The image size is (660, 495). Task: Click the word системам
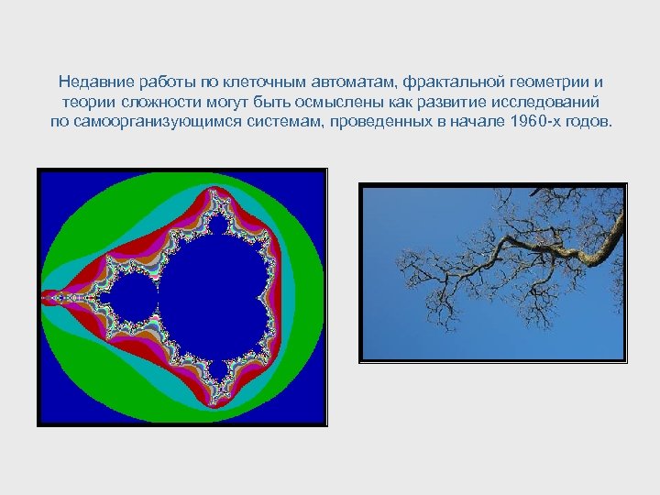tap(288, 123)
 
